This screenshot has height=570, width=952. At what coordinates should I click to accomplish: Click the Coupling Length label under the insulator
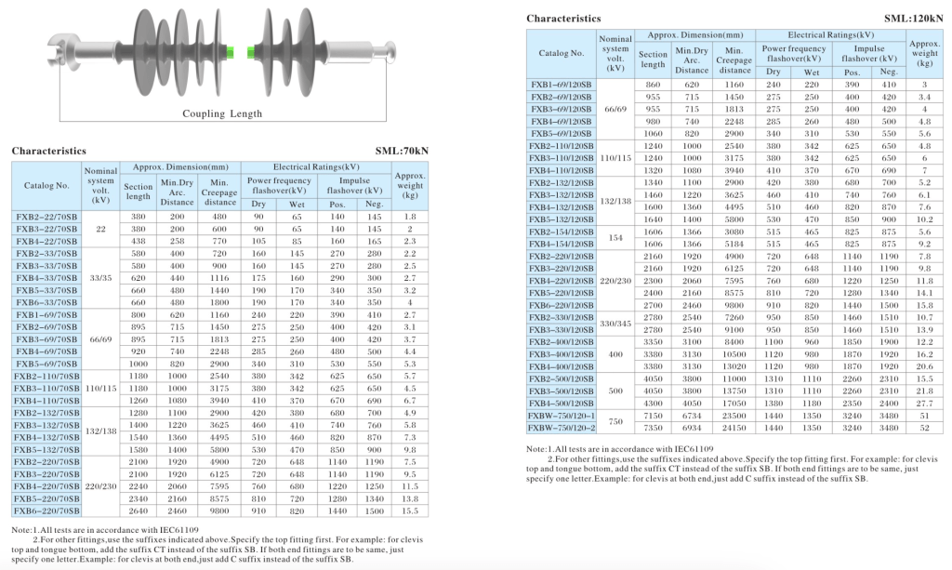click(223, 114)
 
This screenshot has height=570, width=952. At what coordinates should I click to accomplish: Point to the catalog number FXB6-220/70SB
click(46, 510)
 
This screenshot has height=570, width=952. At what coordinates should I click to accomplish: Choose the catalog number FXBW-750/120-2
click(562, 429)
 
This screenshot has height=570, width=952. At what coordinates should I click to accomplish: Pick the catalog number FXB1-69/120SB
click(562, 85)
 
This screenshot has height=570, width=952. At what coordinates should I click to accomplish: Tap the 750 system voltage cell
click(615, 422)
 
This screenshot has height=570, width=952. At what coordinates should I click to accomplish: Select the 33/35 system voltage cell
click(100, 277)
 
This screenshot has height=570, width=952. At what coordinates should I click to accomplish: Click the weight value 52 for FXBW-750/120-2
click(924, 429)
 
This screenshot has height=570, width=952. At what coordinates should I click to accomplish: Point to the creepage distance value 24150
click(734, 429)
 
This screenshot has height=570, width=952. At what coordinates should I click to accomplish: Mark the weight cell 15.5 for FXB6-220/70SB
click(410, 510)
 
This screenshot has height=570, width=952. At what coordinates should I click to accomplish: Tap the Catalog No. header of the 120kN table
click(562, 54)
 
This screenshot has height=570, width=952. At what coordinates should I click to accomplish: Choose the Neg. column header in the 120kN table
click(888, 72)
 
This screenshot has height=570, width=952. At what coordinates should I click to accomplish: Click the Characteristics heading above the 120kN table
click(563, 18)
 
